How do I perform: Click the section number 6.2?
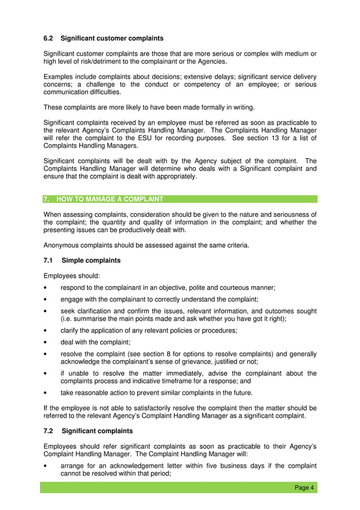click(x=49, y=38)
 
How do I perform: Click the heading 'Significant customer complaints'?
click(x=112, y=38)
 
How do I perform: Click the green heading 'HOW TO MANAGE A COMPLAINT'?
click(x=109, y=199)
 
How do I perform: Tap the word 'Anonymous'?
click(x=62, y=245)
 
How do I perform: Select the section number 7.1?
click(x=49, y=260)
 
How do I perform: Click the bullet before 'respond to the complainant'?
click(x=45, y=287)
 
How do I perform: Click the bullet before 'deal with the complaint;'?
click(x=45, y=342)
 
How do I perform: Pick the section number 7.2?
click(x=49, y=431)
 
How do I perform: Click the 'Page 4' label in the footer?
click(x=304, y=488)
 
